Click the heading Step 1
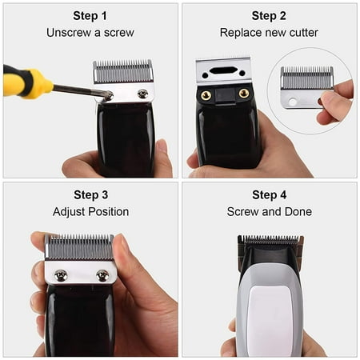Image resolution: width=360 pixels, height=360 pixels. [x=90, y=15]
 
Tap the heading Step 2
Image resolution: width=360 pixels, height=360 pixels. [x=269, y=15]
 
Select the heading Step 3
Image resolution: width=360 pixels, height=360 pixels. [x=90, y=194]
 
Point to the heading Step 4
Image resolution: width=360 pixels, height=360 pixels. [x=269, y=194]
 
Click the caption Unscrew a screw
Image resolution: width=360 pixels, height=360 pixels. [x=90, y=33]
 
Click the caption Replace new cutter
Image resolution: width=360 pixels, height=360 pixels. [x=269, y=33]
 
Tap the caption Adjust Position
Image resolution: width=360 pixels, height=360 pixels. [x=90, y=212]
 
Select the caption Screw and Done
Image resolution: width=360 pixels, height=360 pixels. [x=269, y=212]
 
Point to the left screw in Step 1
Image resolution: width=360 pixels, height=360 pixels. [x=110, y=94]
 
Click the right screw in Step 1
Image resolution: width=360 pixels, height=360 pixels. [x=142, y=94]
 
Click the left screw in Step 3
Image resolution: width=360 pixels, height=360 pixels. [x=61, y=275]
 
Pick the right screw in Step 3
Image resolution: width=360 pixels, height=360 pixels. [x=102, y=275]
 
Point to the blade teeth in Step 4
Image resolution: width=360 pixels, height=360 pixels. [x=270, y=239]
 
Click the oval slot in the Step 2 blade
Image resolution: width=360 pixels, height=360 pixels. [x=224, y=70]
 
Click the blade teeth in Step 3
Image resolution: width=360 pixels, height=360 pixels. [x=79, y=246]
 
